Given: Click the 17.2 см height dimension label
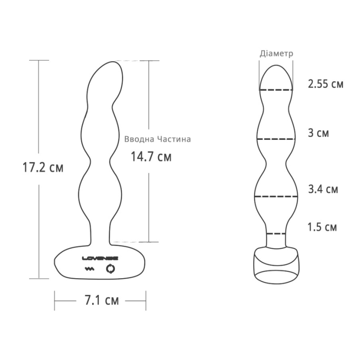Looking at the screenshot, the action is pyautogui.click(x=43, y=167).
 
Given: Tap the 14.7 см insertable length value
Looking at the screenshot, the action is pyautogui.click(x=151, y=157).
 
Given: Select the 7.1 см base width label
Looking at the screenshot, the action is pyautogui.click(x=102, y=300).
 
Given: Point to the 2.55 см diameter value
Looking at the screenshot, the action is pyautogui.click(x=325, y=83).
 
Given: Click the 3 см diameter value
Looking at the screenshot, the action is pyautogui.click(x=319, y=133).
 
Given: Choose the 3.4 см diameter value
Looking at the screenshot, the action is pyautogui.click(x=323, y=189).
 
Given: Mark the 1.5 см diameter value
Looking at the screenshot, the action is pyautogui.click(x=322, y=227).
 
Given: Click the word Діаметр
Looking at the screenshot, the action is pyautogui.click(x=276, y=54).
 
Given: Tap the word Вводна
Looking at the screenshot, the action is pyautogui.click(x=139, y=139).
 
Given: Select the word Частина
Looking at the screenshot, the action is pyautogui.click(x=174, y=139).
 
